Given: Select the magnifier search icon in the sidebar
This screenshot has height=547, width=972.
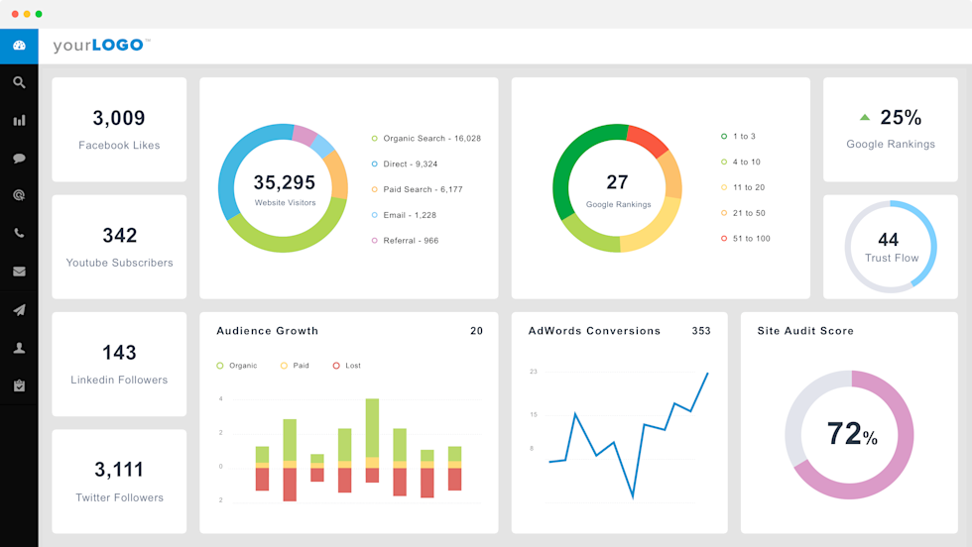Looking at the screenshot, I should (x=19, y=83).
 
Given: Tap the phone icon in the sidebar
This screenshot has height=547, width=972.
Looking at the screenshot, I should (x=19, y=234).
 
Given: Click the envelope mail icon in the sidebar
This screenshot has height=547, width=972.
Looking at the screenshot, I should (x=19, y=272).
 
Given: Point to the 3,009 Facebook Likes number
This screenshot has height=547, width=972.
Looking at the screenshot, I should (x=119, y=118).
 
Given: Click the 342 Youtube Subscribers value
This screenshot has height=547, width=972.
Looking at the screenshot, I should (x=119, y=236).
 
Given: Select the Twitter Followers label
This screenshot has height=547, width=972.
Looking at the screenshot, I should (x=119, y=497).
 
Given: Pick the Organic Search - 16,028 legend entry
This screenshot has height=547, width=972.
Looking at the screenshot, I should (x=431, y=139).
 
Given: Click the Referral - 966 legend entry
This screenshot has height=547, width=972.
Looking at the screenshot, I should (x=411, y=241).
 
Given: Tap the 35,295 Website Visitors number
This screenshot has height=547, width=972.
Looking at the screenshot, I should (x=284, y=182).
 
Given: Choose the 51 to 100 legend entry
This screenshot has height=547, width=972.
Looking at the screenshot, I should (x=751, y=239).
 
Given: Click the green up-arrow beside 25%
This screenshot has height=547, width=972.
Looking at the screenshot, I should (x=865, y=117).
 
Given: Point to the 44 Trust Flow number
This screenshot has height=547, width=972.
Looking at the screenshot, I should (x=889, y=240).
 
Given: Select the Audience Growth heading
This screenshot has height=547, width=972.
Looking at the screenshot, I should (x=267, y=331).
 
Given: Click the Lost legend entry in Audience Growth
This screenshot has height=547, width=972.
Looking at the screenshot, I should (x=352, y=366).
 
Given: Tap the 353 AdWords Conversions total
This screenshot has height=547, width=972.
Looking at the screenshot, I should (x=700, y=331).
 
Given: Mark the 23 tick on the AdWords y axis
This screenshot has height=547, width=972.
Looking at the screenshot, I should (x=533, y=372).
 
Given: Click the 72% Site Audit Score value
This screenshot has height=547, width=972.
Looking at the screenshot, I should (x=851, y=434).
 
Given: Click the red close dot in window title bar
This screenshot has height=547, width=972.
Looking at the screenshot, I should (x=15, y=14).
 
